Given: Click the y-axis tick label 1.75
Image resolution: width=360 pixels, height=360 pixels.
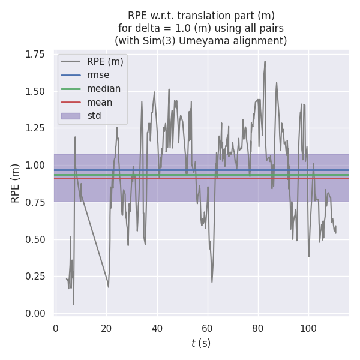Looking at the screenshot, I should coord(35,55).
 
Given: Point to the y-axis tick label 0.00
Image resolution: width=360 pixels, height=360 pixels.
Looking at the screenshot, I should coord(35,314).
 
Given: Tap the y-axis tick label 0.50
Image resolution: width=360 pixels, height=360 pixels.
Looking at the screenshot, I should coord(35,239).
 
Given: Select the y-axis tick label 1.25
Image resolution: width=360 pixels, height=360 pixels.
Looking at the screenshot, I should coord(35,128).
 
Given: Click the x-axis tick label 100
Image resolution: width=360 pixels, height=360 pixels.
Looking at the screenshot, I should coord(308,328).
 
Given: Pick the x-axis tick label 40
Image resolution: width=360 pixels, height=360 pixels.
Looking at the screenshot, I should coord(157,328).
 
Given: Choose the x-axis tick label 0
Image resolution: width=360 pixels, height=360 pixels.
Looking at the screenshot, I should coord(56,328).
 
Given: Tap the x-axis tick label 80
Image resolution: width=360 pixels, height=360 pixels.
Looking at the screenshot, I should coord(258,328).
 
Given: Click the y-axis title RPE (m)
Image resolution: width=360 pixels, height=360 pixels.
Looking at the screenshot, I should coord(16,183).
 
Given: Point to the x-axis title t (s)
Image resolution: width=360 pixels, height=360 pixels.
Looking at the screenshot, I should coord(201,343).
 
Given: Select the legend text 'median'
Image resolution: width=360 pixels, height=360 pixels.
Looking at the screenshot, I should coord(104,89).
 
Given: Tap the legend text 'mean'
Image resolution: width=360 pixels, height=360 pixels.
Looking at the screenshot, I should coord(100,102).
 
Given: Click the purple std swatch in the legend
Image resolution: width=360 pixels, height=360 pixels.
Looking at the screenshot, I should coord(70,116).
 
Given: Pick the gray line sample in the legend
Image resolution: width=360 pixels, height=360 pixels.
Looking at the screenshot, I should coord(70,61).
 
